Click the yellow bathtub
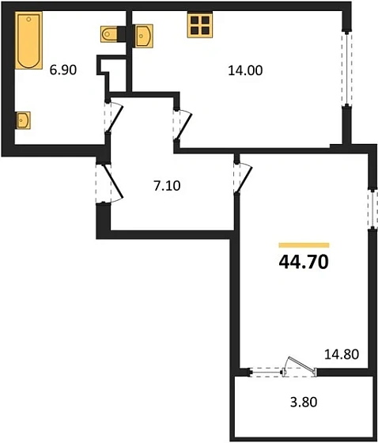click(x=28, y=40)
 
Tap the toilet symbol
click(x=112, y=33)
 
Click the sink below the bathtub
click(x=23, y=120)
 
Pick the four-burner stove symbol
click(x=199, y=25)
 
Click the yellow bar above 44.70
click(x=304, y=245)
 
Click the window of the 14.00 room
click(x=345, y=67)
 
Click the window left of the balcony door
click(x=267, y=370)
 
